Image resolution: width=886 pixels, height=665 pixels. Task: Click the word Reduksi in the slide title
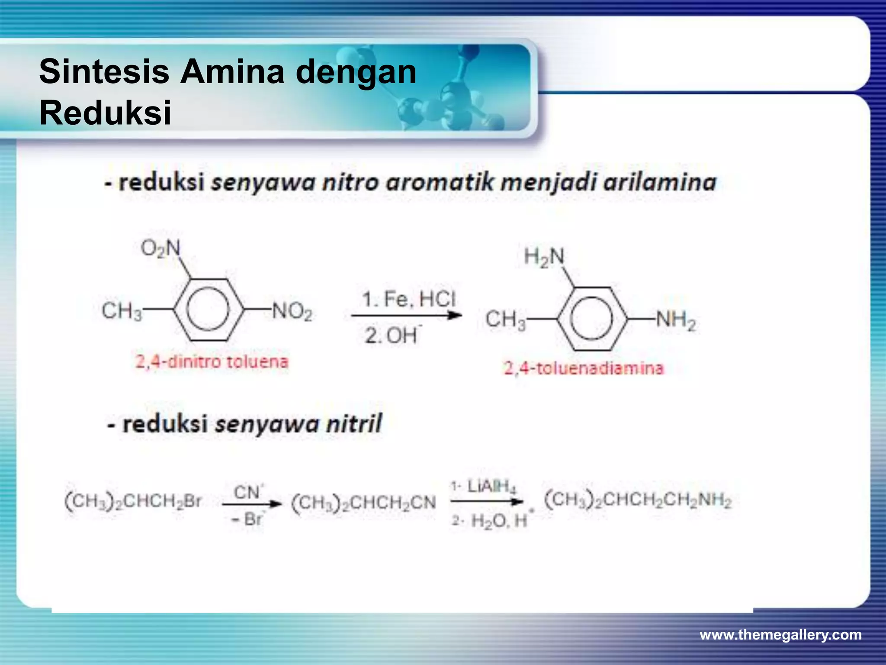[105, 113]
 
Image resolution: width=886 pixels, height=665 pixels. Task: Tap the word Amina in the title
[232, 72]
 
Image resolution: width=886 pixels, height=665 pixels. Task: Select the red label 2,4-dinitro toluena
[212, 362]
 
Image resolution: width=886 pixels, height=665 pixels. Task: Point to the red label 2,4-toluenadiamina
[583, 368]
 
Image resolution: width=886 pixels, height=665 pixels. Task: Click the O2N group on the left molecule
[161, 249]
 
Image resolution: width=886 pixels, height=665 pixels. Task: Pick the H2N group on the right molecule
[544, 257]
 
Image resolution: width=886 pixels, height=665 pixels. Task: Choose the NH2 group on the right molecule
[675, 321]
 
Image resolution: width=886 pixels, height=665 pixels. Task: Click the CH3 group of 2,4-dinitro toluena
[122, 311]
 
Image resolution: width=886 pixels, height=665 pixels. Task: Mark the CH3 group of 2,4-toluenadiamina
[505, 320]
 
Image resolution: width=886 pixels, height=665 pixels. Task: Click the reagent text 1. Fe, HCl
[409, 299]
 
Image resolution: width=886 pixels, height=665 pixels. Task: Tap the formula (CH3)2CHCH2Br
[133, 501]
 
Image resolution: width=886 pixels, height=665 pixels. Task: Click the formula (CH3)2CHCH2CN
[364, 503]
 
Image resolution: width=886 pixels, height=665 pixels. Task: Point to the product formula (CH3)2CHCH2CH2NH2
[638, 500]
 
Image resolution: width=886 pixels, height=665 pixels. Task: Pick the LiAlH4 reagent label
[491, 487]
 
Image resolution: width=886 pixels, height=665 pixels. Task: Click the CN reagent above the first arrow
[248, 492]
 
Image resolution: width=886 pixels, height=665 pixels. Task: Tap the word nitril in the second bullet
[354, 423]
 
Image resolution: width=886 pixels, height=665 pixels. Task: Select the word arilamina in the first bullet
[660, 182]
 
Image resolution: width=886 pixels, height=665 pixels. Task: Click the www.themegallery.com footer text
[780, 635]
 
